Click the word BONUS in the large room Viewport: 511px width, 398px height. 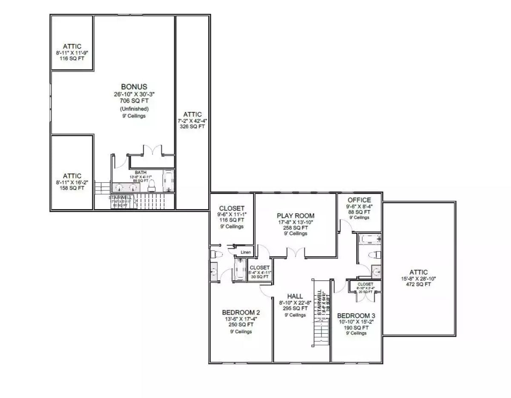(x=134, y=87)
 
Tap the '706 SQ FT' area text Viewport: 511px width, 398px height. (x=134, y=101)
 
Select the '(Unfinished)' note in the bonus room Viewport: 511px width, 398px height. (x=134, y=109)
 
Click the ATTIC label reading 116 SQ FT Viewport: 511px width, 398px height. (x=72, y=46)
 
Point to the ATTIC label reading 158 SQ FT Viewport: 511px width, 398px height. (x=72, y=176)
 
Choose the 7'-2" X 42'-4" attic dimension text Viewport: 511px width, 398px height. (x=192, y=121)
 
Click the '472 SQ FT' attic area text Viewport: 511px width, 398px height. (x=419, y=285)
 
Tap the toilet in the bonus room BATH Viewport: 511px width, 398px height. (x=151, y=186)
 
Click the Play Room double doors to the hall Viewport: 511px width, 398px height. (x=296, y=253)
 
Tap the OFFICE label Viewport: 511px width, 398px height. (x=359, y=200)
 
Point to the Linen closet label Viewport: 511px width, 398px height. (x=245, y=253)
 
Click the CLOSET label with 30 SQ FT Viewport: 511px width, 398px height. (x=259, y=268)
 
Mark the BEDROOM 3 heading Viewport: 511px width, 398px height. (x=356, y=315)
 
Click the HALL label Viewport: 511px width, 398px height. (x=295, y=296)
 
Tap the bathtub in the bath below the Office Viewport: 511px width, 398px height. (x=368, y=239)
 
